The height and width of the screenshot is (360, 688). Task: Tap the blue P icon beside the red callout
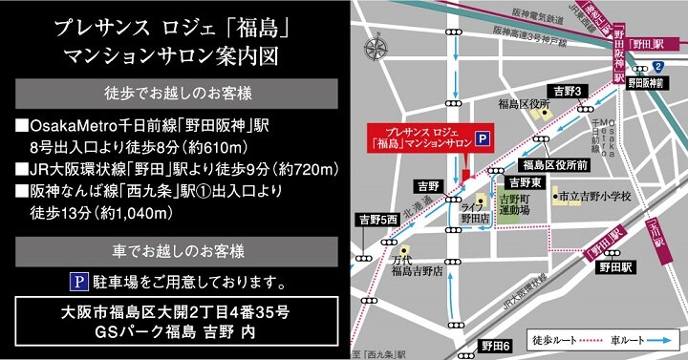[484, 138]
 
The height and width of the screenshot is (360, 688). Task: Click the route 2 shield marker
[658, 66]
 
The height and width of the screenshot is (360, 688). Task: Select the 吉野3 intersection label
[568, 91]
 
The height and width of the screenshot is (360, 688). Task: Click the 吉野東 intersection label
[525, 181]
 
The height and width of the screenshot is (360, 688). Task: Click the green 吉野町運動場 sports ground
[517, 208]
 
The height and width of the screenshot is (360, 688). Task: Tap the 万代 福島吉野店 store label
[417, 266]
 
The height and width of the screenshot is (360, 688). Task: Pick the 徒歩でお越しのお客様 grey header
[177, 94]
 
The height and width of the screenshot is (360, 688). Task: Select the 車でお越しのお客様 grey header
[177, 251]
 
